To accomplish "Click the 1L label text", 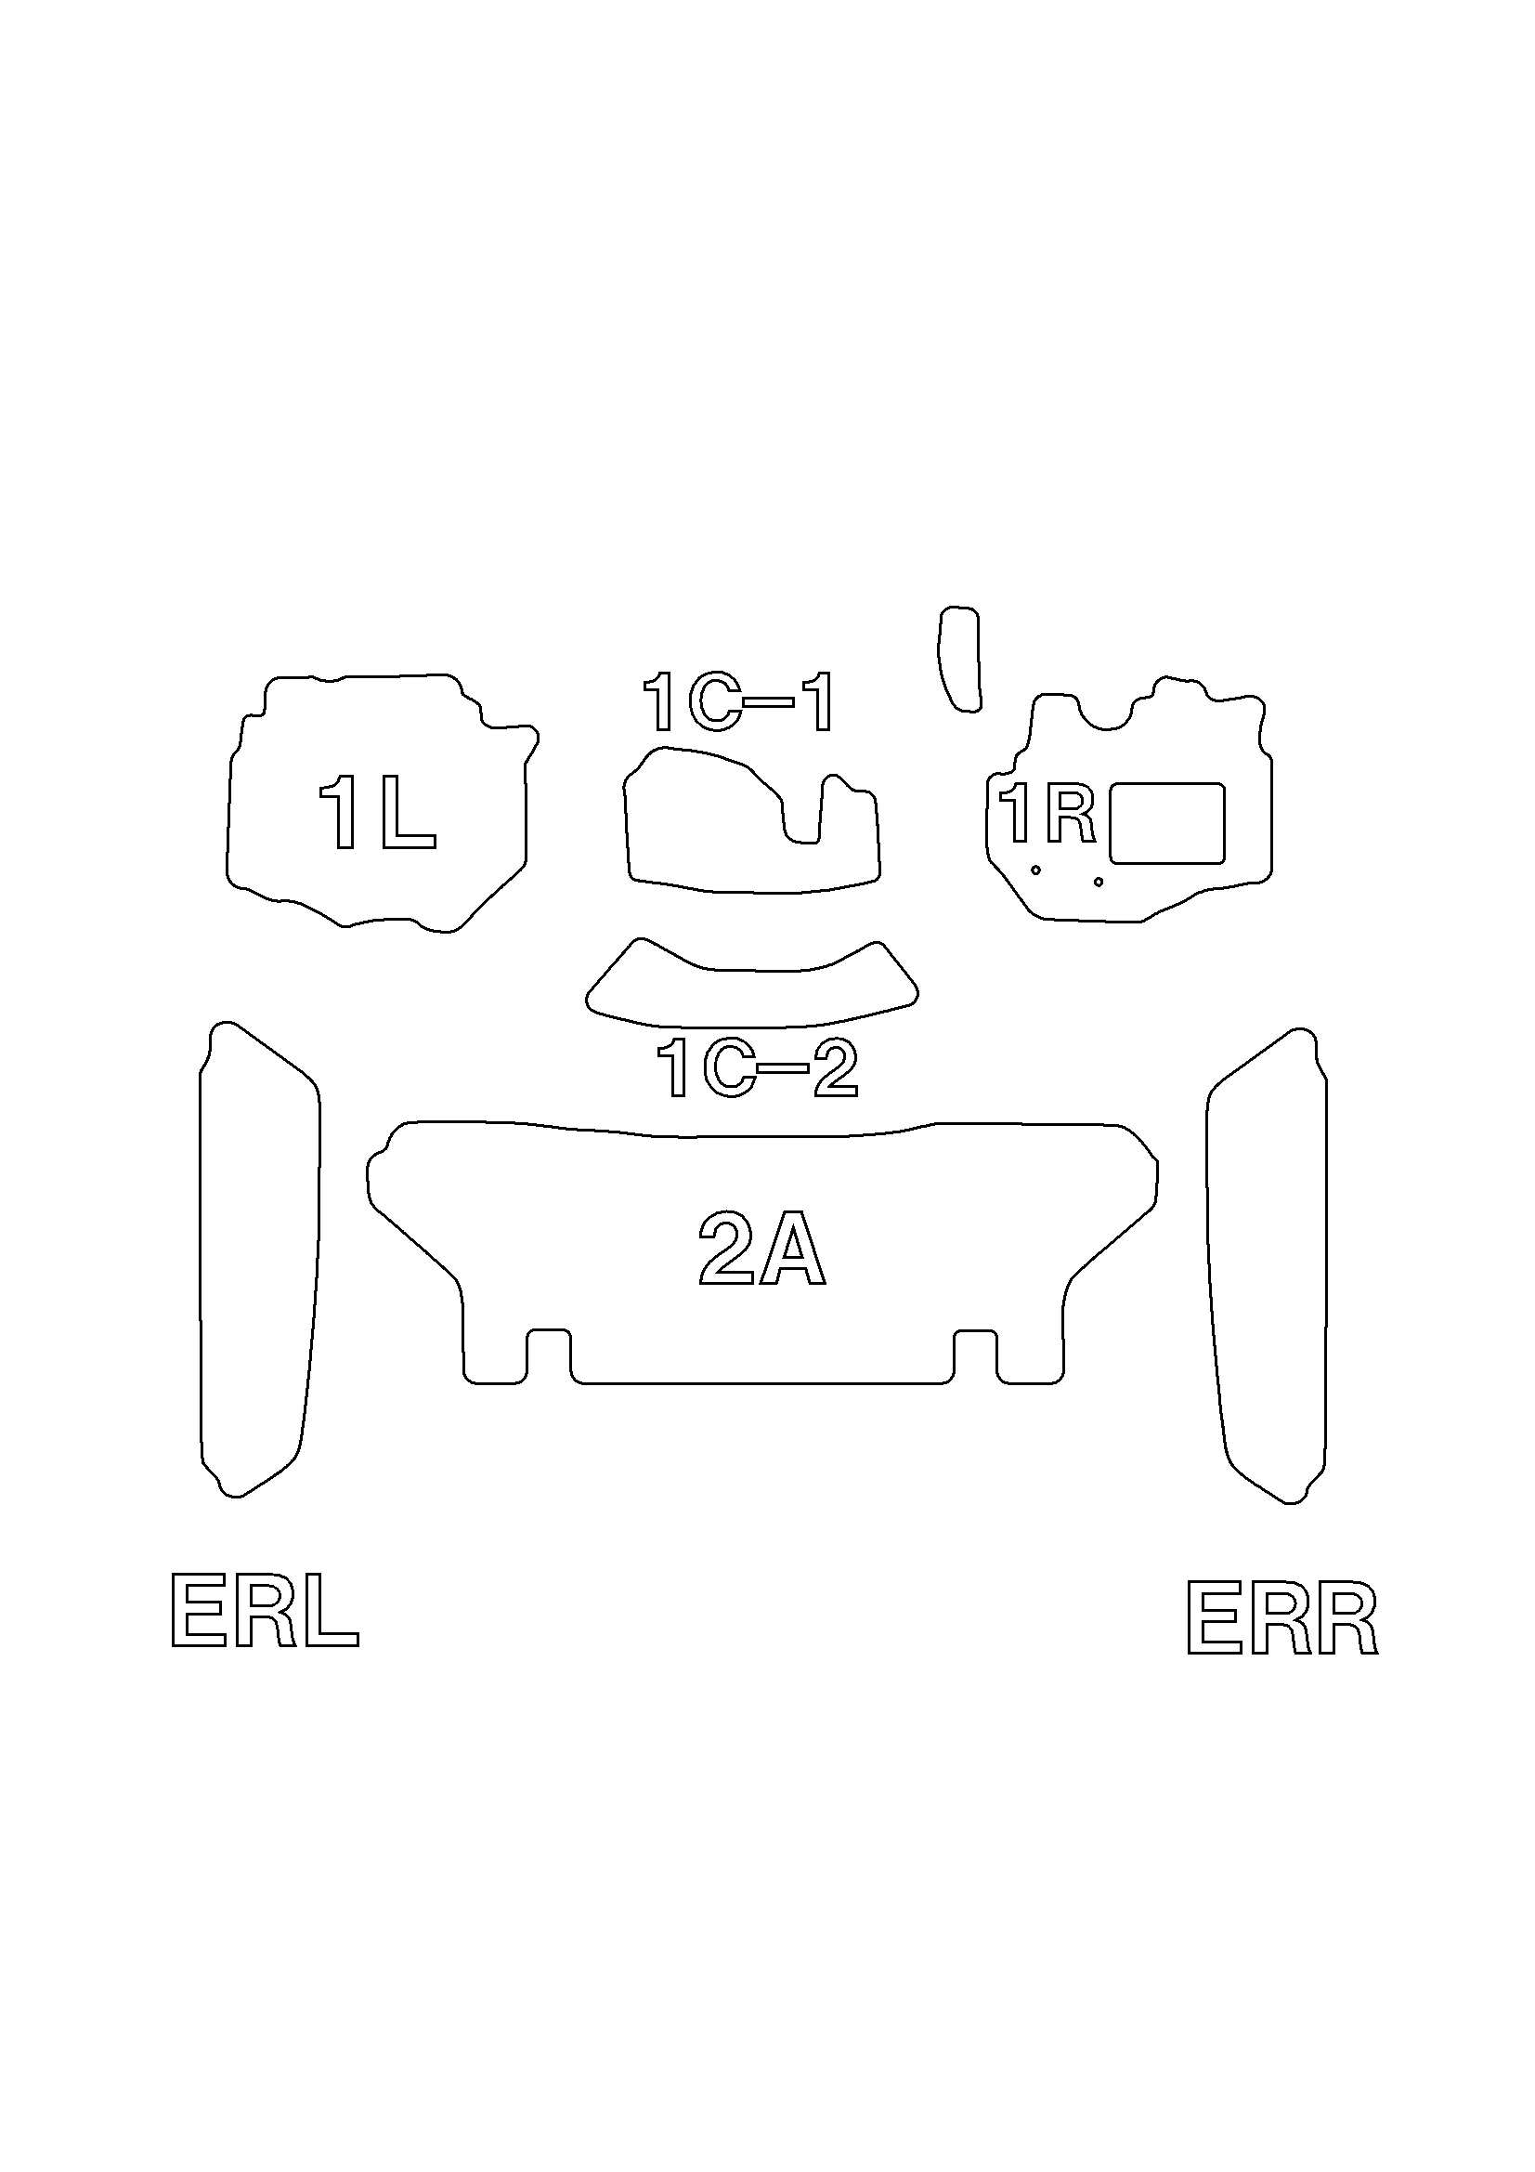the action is coord(377,811).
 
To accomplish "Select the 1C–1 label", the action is coord(738,702).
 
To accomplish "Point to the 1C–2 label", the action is coord(757,1068).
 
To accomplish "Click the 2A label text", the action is coord(761,1249).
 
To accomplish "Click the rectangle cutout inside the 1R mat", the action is coord(1167,823).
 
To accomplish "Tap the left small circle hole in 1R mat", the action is coord(1036,870).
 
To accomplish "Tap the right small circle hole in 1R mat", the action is coord(1098,882).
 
